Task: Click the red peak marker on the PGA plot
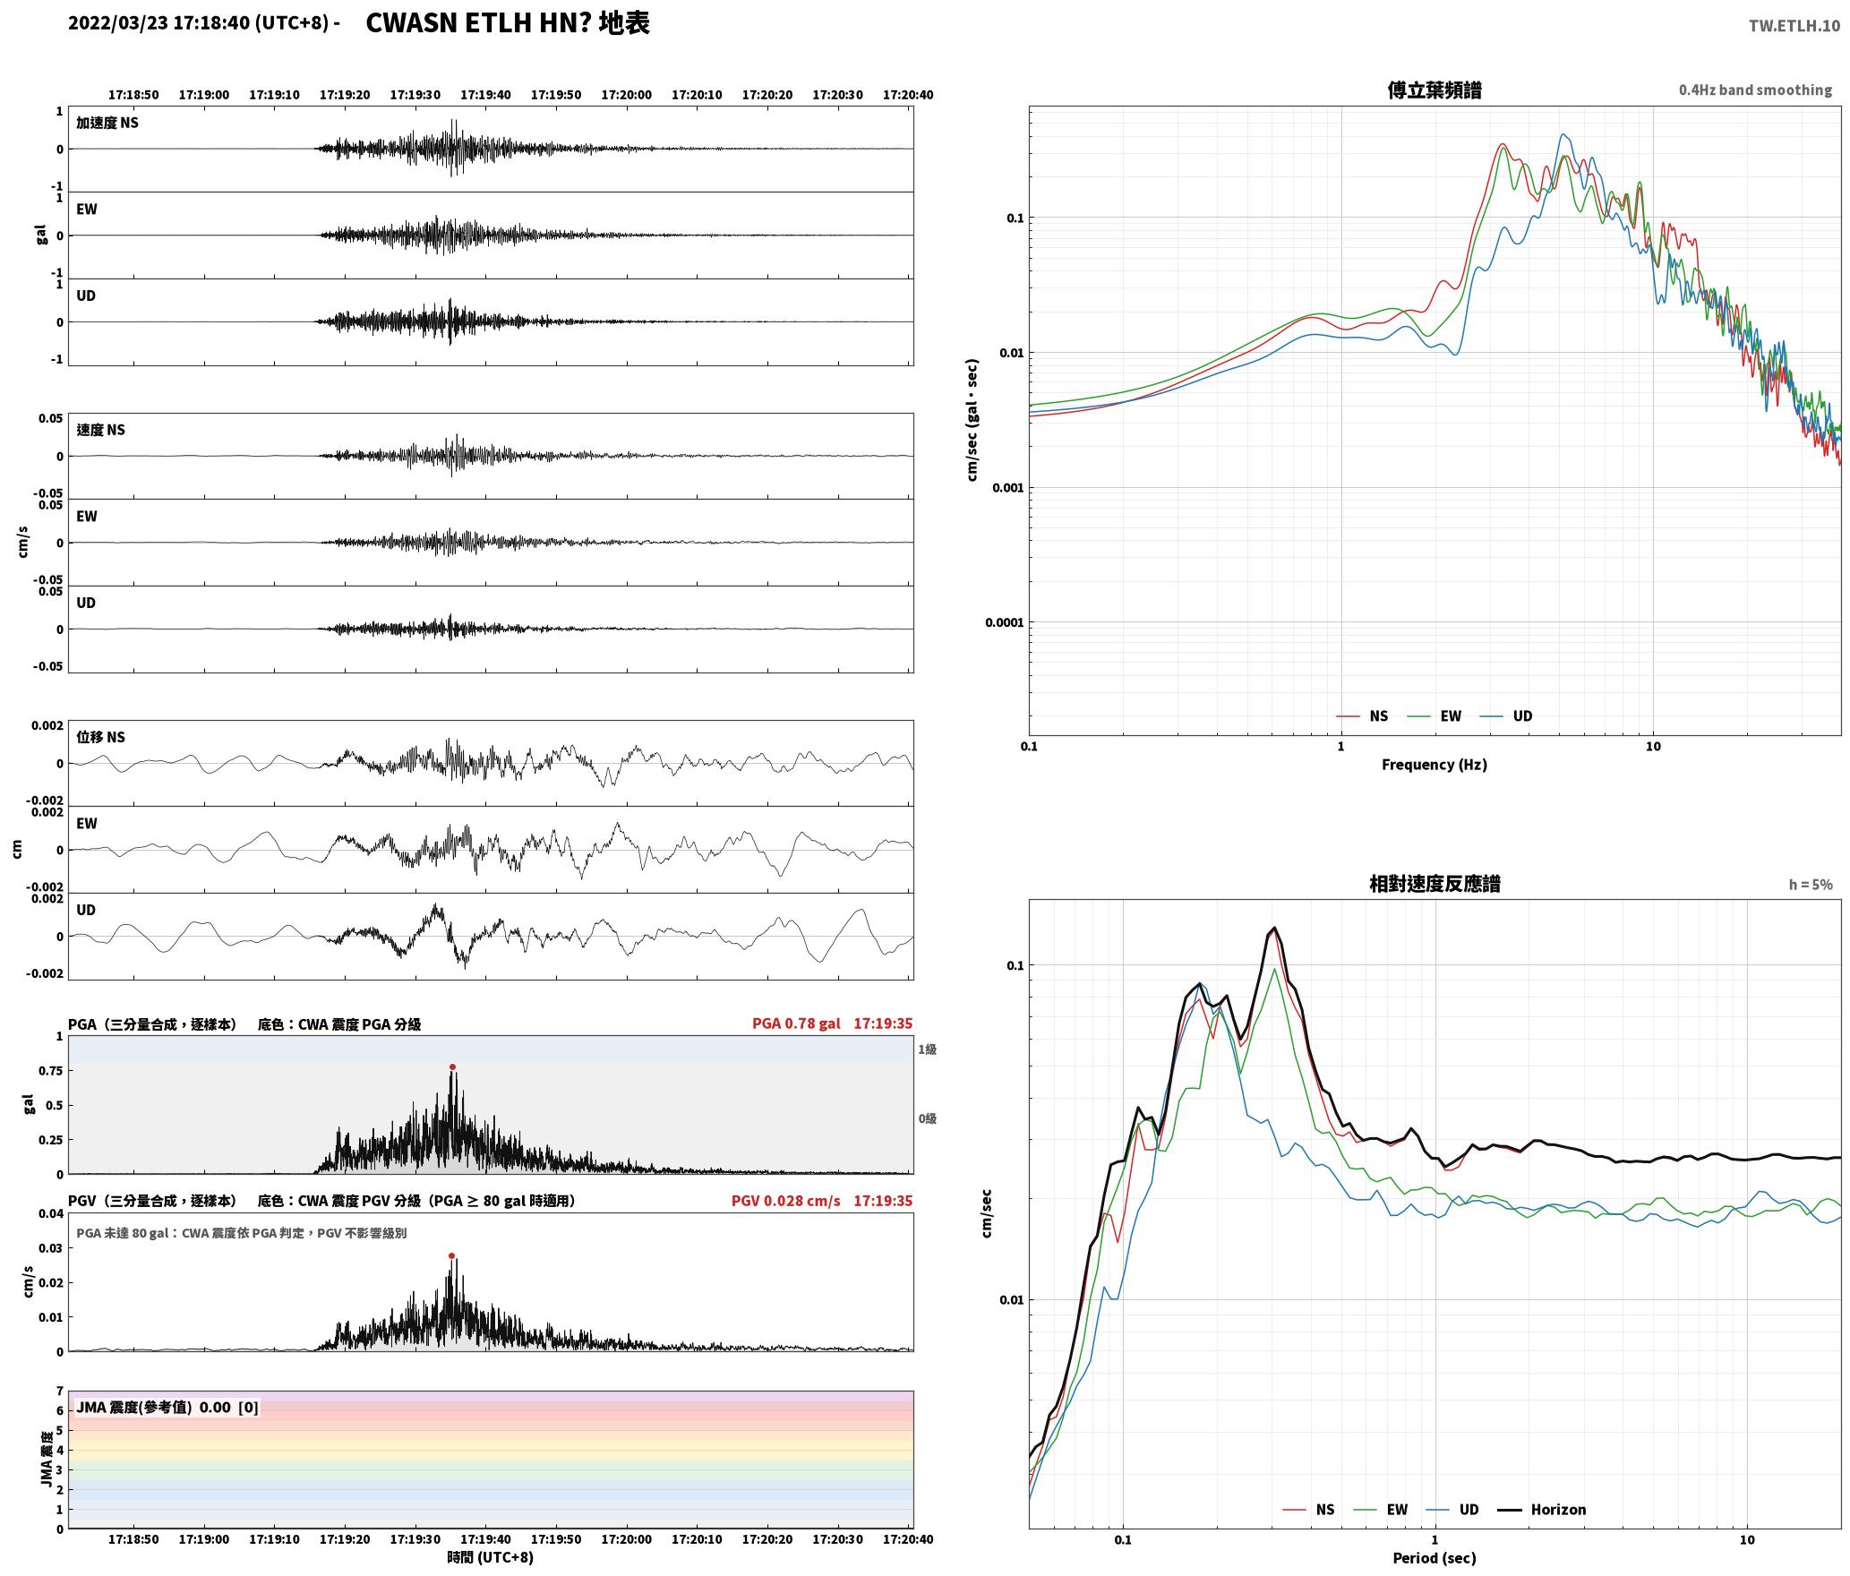452,1066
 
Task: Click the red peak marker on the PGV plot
451,1255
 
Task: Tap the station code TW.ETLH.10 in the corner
1794,25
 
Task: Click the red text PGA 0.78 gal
796,1024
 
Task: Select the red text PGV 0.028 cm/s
785,1201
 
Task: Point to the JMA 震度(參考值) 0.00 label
154,1407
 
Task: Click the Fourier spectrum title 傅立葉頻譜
1434,90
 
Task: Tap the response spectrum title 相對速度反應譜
1435,884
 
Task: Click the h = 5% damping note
1811,885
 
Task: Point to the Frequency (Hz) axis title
1434,765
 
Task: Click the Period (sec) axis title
1434,1558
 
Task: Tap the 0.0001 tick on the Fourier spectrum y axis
1004,622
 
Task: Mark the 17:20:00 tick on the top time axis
626,95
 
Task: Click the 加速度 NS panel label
107,123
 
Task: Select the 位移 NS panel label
100,737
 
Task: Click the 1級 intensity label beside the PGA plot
927,1049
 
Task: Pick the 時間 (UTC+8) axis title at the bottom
491,1557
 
